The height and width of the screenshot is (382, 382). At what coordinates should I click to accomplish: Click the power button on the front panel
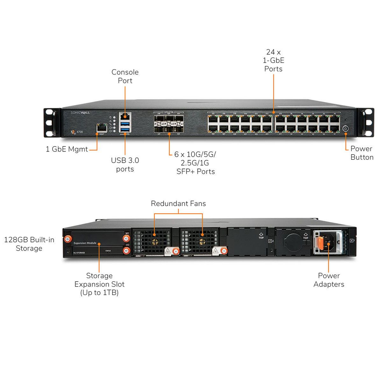click(x=346, y=129)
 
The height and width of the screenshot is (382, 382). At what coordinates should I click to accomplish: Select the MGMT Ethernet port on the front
click(x=101, y=128)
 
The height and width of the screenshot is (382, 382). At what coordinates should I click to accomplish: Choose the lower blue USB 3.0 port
click(x=124, y=129)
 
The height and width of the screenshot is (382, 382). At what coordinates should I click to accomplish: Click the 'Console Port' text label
click(x=125, y=76)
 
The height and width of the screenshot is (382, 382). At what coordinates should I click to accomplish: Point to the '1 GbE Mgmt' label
click(x=67, y=149)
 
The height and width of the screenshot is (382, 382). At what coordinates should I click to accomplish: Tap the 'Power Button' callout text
click(x=362, y=153)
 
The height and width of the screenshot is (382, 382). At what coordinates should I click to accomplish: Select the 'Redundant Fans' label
click(x=178, y=203)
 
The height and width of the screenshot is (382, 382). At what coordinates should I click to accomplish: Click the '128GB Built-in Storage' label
click(x=29, y=244)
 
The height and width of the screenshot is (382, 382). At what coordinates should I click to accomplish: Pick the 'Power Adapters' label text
click(x=329, y=280)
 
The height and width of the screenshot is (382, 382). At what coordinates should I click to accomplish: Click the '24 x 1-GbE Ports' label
click(x=273, y=60)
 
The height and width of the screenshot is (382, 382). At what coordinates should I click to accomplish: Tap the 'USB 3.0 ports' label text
click(x=125, y=165)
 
